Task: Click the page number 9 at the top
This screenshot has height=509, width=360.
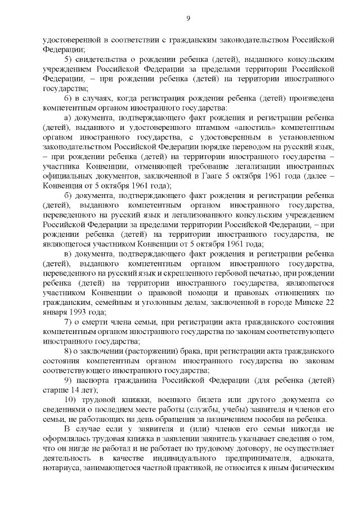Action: point(188,19)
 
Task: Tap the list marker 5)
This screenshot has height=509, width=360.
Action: point(69,59)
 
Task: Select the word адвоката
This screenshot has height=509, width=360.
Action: point(317,458)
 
